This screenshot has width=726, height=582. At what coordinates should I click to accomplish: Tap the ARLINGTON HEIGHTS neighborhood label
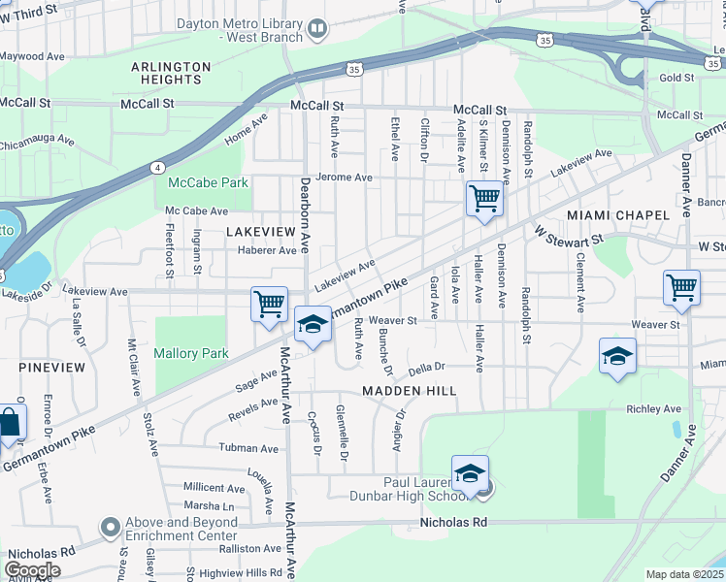pyautogui.click(x=171, y=73)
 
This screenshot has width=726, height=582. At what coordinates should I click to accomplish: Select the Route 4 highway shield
pyautogui.click(x=157, y=167)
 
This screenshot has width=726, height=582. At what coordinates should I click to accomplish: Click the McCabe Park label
pyautogui.click(x=208, y=182)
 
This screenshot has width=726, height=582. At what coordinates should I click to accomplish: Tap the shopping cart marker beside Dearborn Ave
pyautogui.click(x=269, y=304)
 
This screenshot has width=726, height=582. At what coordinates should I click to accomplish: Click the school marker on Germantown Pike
pyautogui.click(x=313, y=326)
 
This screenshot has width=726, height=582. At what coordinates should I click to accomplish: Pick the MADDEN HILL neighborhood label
pyautogui.click(x=409, y=390)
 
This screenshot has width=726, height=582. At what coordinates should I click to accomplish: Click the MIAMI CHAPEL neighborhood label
pyautogui.click(x=617, y=214)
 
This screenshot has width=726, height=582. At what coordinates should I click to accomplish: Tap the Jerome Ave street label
pyautogui.click(x=350, y=178)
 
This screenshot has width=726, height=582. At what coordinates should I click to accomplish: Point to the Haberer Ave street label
pyautogui.click(x=266, y=250)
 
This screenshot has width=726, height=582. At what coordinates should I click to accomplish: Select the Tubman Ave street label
pyautogui.click(x=248, y=448)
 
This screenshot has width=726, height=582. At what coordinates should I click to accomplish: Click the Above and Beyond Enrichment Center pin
pyautogui.click(x=111, y=529)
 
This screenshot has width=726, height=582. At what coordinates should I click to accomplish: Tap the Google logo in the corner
pyautogui.click(x=32, y=570)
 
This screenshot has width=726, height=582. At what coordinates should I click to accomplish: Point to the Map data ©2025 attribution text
pyautogui.click(x=684, y=574)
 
